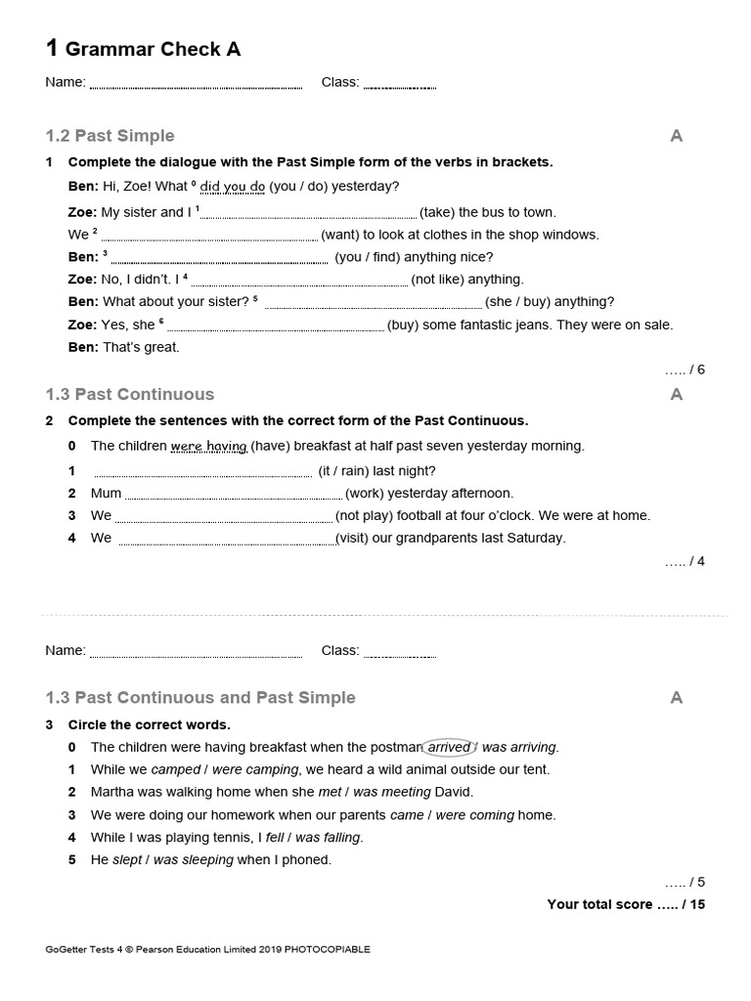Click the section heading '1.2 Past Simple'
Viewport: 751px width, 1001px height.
coord(110,136)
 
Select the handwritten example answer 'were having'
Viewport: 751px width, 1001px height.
coord(208,446)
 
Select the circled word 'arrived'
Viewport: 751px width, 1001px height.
coord(448,747)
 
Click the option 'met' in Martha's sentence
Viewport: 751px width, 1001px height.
coord(330,792)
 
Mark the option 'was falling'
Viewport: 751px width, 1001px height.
coord(328,838)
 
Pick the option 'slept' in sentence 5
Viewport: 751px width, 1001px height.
coord(127,860)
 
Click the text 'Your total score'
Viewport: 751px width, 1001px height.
coord(599,904)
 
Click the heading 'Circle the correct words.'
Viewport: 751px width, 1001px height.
coord(149,724)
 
